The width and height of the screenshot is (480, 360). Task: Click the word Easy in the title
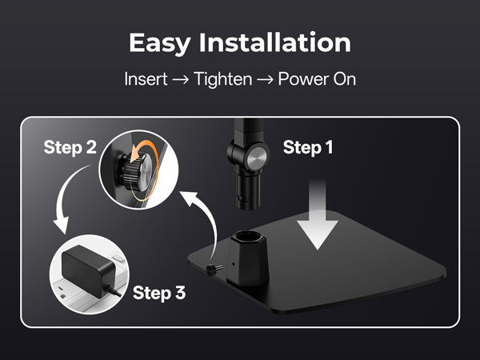coord(160,44)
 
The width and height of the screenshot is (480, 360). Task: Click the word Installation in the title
coord(275,42)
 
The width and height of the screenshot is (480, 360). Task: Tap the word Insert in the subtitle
coord(146,79)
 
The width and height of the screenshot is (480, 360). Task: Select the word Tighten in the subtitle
coord(223,79)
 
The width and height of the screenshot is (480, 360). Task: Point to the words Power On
coord(317,79)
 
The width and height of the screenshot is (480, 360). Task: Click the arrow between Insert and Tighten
coord(181,80)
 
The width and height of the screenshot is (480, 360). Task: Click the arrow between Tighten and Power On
coord(265,80)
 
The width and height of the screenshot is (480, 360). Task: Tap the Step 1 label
coord(308,147)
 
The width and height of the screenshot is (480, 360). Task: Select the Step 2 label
coord(70,147)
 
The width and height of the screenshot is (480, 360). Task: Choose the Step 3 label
coord(159,293)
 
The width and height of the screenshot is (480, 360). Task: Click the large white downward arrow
coord(318,214)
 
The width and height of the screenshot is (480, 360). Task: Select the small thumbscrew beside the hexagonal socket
coord(214,269)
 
